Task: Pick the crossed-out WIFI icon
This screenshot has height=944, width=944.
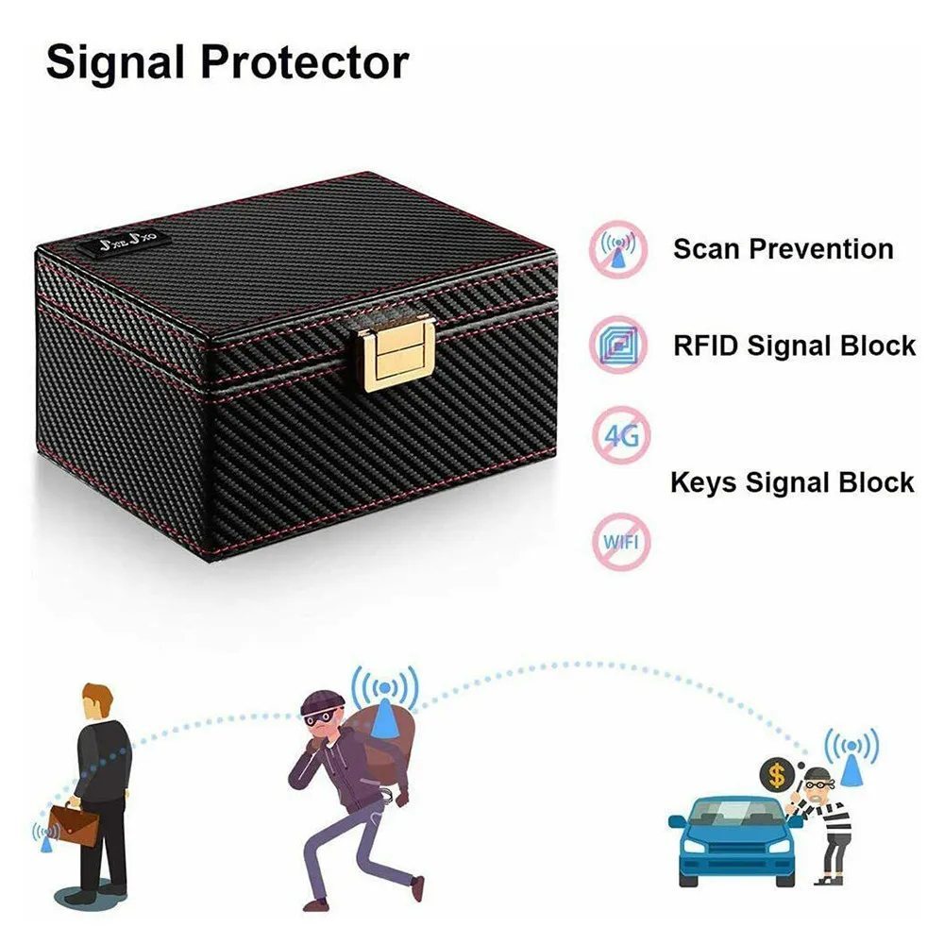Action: [620, 540]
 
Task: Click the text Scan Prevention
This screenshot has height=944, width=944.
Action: [783, 250]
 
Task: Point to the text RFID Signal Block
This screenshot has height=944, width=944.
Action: [794, 346]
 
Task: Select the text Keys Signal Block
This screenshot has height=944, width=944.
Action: [792, 482]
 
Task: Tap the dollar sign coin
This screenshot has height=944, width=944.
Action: [777, 776]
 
